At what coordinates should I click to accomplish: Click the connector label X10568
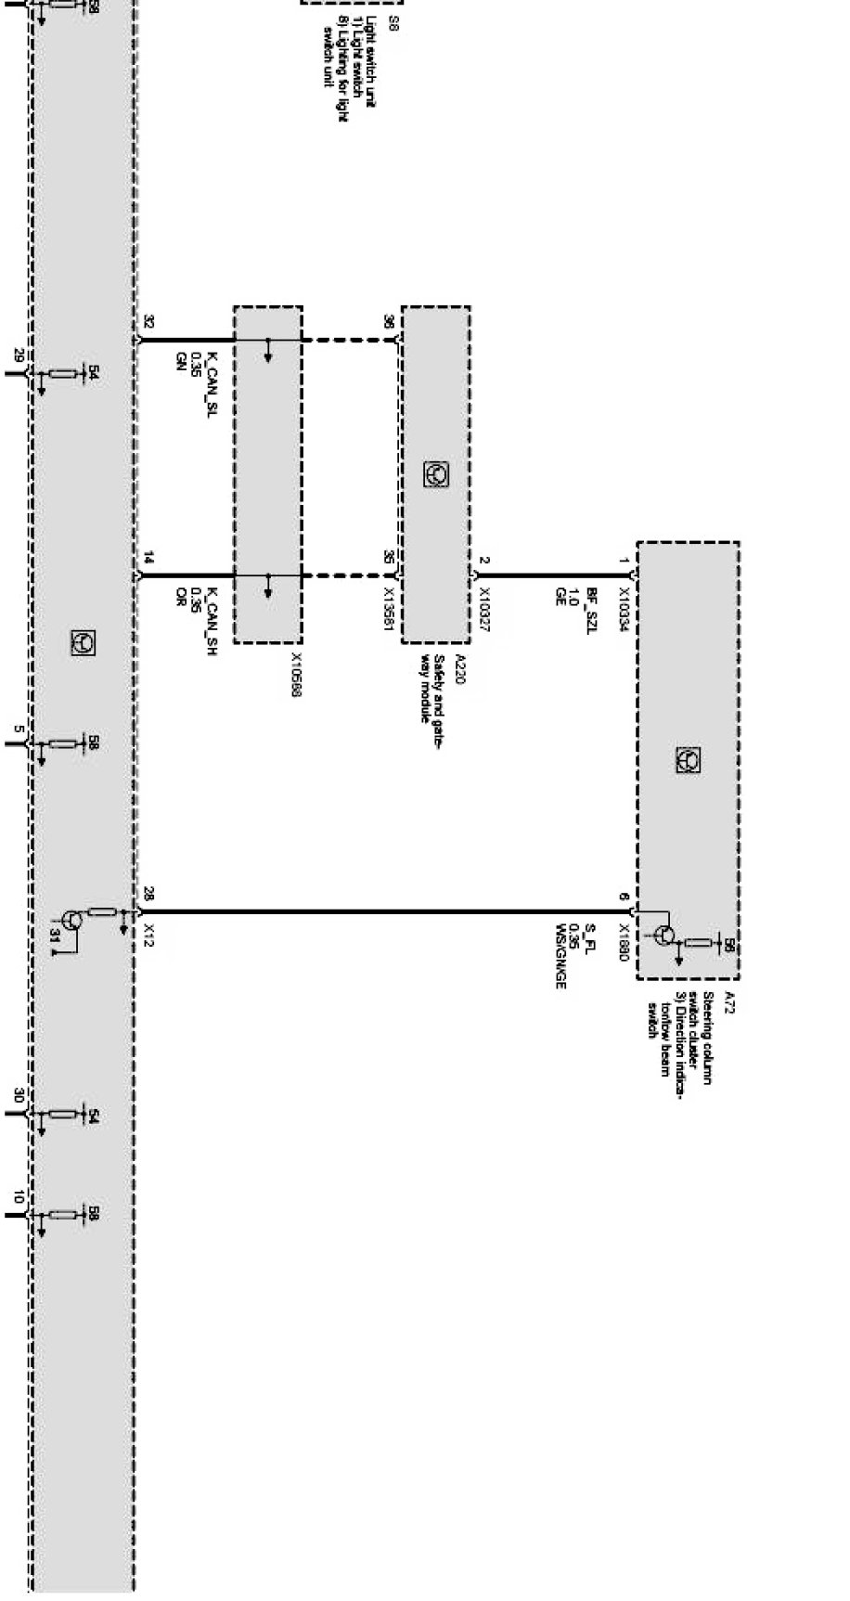pos(295,674)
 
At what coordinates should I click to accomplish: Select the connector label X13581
pos(390,608)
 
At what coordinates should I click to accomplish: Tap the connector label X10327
pos(483,610)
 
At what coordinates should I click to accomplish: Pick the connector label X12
pos(149,934)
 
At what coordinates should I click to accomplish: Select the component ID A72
pos(729,1002)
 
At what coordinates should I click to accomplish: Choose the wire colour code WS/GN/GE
pos(560,956)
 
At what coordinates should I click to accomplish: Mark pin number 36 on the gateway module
pos(389,322)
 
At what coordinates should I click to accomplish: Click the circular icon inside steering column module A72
pos(688,760)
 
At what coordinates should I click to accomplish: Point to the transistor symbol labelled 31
pos(74,921)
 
